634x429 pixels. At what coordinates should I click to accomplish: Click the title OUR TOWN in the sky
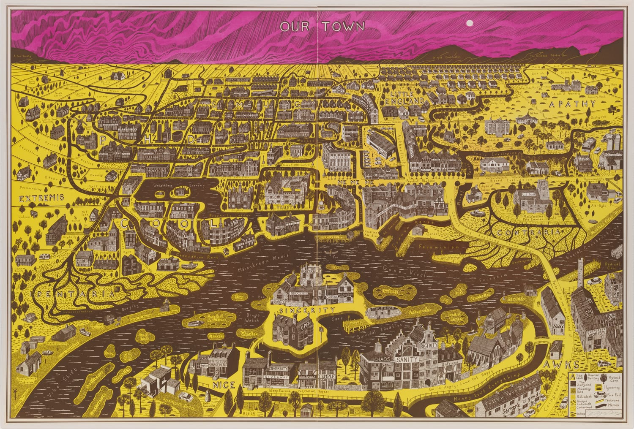[x=322, y=27]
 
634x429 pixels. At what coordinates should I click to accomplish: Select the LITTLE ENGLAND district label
[x=404, y=98]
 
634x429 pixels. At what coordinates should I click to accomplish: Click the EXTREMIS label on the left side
[x=41, y=198]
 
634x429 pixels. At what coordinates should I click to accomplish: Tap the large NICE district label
[x=224, y=385]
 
